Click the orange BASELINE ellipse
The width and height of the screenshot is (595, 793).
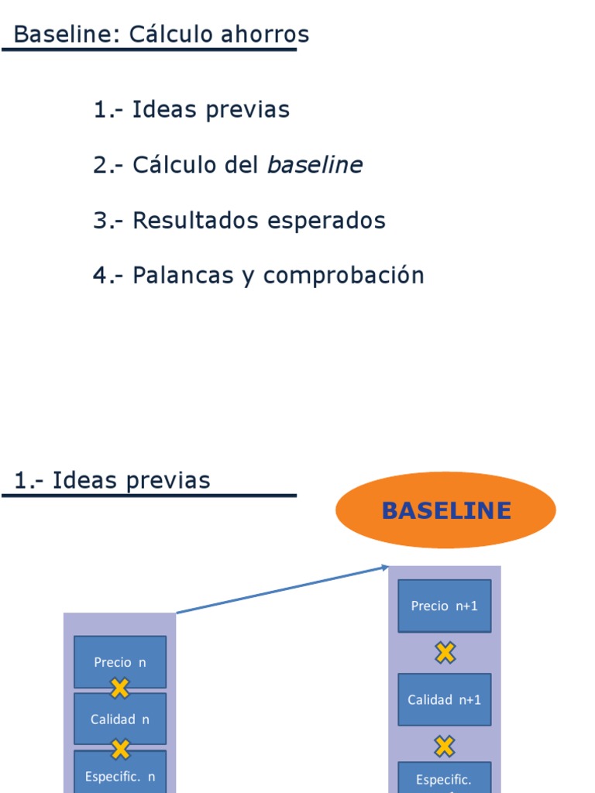click(445, 510)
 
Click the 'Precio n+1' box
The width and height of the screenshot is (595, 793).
click(444, 606)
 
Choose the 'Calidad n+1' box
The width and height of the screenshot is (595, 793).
click(444, 699)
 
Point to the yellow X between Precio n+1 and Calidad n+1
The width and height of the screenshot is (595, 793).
click(445, 653)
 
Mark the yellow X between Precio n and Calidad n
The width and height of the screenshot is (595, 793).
click(120, 688)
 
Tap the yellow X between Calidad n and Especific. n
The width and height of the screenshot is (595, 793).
click(120, 748)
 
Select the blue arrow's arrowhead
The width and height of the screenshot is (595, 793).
click(384, 568)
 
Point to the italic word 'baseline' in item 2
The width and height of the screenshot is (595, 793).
click(315, 165)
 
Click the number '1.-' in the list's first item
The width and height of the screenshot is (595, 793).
click(109, 110)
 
